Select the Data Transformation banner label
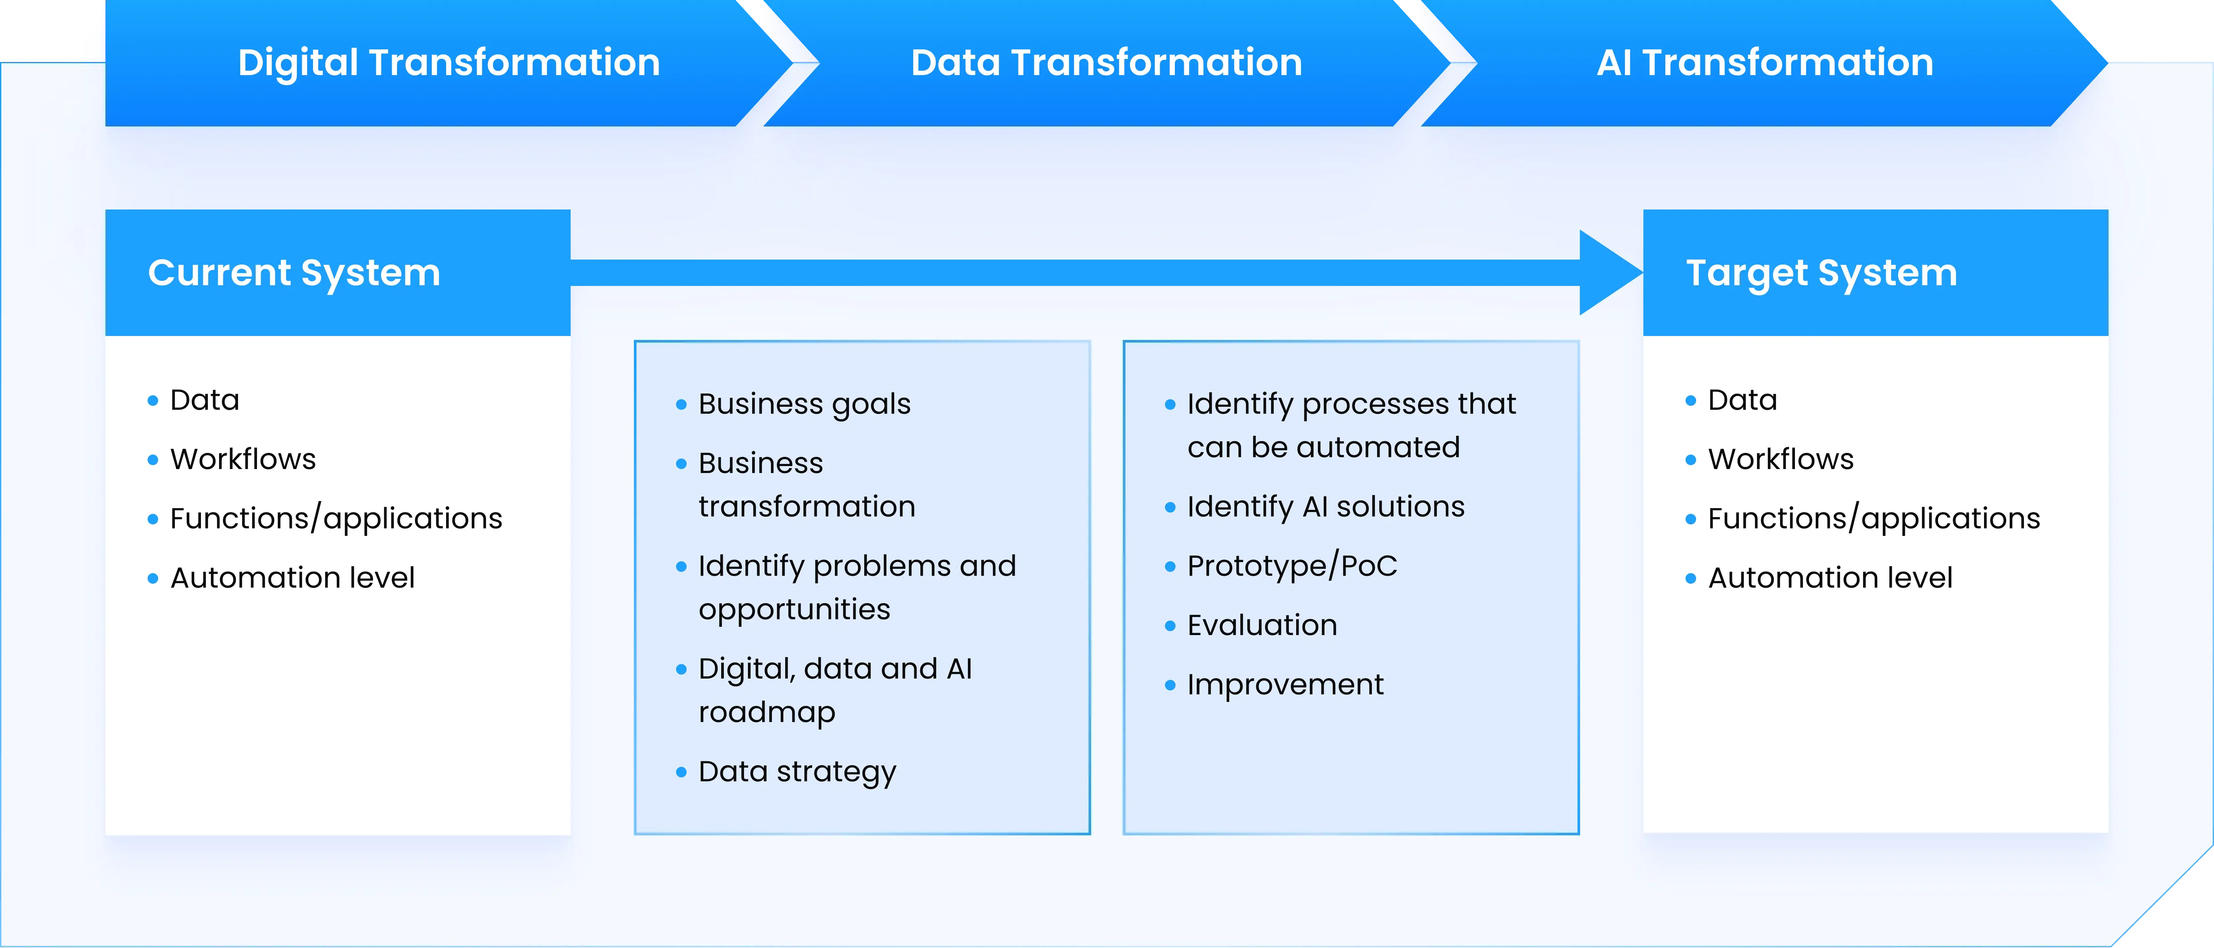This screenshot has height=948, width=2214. (x=1106, y=63)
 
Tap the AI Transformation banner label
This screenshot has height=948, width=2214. (x=1765, y=63)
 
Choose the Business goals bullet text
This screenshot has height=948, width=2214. (x=805, y=404)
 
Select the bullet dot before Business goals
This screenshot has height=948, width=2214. (x=682, y=405)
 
